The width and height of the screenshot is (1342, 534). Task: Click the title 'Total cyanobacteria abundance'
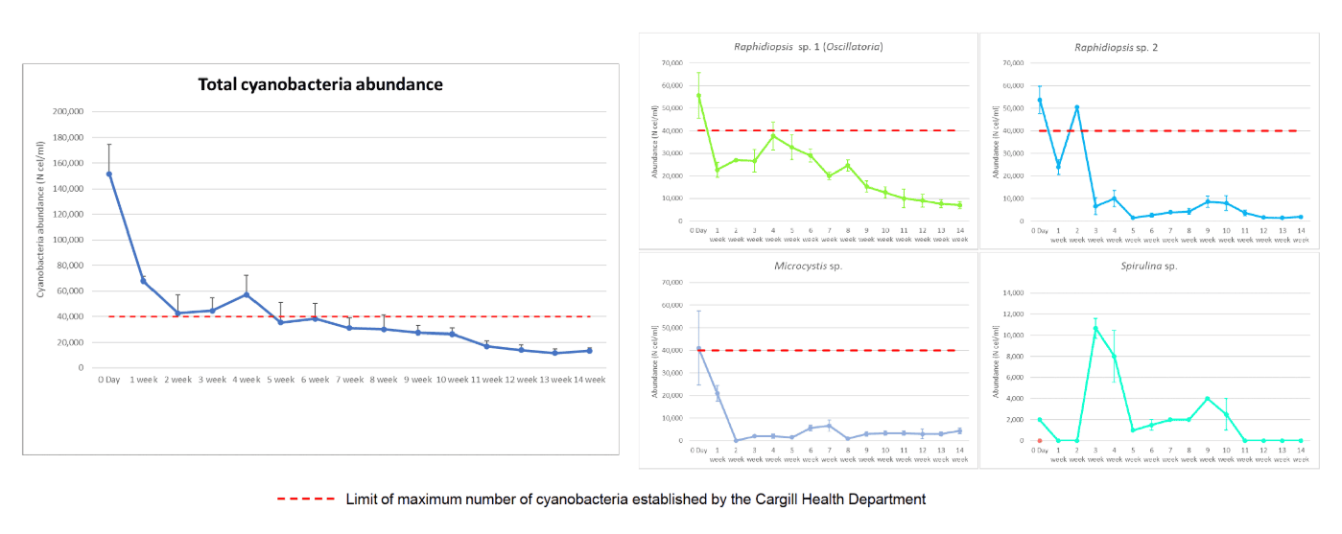pyautogui.click(x=320, y=84)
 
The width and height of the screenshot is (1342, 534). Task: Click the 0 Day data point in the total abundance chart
pyautogui.click(x=109, y=174)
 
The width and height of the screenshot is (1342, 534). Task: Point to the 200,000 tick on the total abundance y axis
pyautogui.click(x=65, y=111)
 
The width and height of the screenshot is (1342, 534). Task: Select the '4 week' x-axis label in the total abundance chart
pyautogui.click(x=246, y=380)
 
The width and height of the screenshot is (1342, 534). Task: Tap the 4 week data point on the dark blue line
pyautogui.click(x=247, y=294)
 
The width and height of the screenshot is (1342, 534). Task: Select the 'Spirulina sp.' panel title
pyautogui.click(x=1146, y=266)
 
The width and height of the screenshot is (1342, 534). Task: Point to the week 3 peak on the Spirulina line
pyautogui.click(x=1095, y=328)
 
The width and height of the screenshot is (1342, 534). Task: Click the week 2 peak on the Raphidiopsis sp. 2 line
pyautogui.click(x=1077, y=107)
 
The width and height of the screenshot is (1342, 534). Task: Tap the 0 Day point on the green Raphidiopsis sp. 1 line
pyautogui.click(x=698, y=95)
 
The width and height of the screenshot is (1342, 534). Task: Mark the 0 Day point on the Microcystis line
pyautogui.click(x=698, y=349)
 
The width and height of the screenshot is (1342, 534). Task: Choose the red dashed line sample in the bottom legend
pyautogui.click(x=306, y=499)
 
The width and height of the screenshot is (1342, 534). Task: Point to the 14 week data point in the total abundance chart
pyautogui.click(x=589, y=351)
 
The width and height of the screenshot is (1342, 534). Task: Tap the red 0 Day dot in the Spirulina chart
pyautogui.click(x=1038, y=441)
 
